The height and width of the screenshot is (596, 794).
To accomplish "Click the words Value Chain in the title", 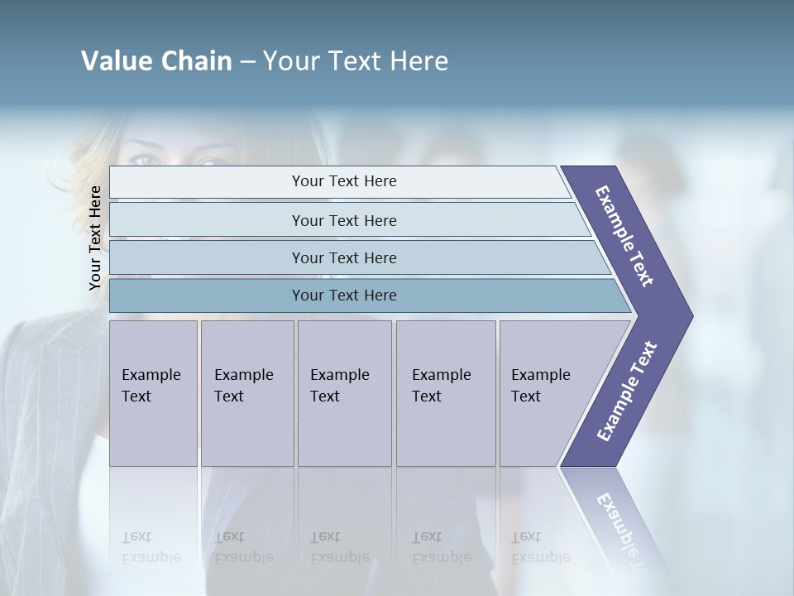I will [x=156, y=61].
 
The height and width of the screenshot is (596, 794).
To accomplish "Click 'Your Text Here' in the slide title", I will [x=356, y=61].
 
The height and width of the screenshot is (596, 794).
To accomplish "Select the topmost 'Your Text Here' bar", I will [x=343, y=181].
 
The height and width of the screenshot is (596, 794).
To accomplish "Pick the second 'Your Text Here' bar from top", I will [x=343, y=220].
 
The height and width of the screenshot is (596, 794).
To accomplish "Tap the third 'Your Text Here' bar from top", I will [x=343, y=257].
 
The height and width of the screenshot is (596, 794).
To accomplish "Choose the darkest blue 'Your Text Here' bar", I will [x=343, y=296].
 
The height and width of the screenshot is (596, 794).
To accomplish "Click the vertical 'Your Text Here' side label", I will [x=95, y=238].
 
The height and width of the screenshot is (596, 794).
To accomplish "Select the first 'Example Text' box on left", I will [x=153, y=393].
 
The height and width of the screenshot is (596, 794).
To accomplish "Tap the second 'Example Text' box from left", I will [x=246, y=393].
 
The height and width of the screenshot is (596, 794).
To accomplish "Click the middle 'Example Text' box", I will [x=344, y=393].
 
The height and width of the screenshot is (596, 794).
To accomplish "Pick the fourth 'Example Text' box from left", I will [x=445, y=393].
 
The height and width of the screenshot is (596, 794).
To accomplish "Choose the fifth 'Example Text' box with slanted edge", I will [x=546, y=393].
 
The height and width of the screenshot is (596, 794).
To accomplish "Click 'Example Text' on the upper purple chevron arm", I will [x=624, y=236].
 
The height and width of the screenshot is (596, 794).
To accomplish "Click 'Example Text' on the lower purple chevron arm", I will [x=627, y=392].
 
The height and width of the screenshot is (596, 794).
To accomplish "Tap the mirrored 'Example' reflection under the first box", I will [x=151, y=557].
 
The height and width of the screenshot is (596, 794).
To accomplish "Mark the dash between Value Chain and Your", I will [x=247, y=62].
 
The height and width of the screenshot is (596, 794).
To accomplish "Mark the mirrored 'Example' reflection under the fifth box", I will [x=541, y=557].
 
